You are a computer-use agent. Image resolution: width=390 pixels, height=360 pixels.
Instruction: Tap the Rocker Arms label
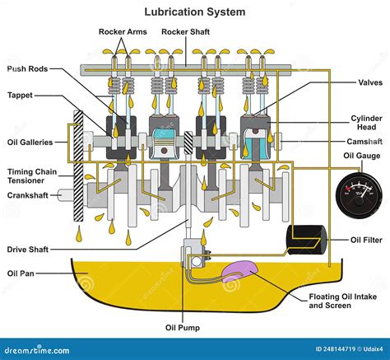point(123,32)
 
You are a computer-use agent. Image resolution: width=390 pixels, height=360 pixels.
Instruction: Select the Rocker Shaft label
point(186,32)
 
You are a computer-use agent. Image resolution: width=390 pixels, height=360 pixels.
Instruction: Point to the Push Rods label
point(28,69)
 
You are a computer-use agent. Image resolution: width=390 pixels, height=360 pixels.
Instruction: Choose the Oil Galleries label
point(30,142)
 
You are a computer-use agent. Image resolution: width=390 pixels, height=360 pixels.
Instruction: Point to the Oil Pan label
point(21,273)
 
